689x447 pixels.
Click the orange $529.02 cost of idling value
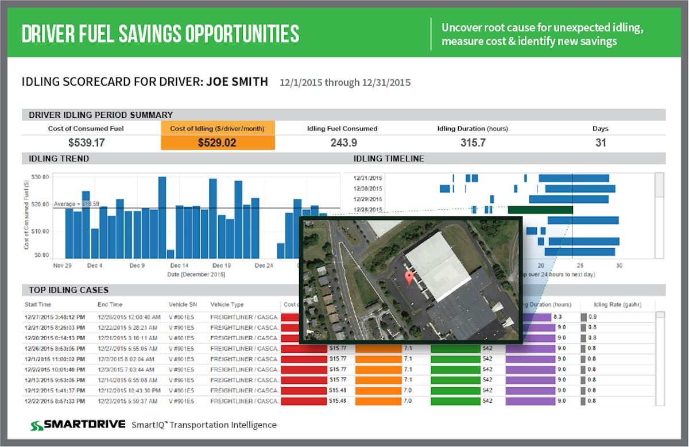217,142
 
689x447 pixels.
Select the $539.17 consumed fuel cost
86,142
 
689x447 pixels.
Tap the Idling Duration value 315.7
473,142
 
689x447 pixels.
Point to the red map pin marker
409,279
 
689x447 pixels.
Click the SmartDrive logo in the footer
78,425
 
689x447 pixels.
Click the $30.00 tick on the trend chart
40,177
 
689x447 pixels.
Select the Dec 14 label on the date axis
179,266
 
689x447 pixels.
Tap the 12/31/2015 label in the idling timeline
368,178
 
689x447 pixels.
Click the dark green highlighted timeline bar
540,210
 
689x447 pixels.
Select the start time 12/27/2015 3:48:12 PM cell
55,317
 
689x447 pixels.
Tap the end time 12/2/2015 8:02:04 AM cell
128,359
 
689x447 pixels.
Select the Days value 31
601,142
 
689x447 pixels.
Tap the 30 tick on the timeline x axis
619,266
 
